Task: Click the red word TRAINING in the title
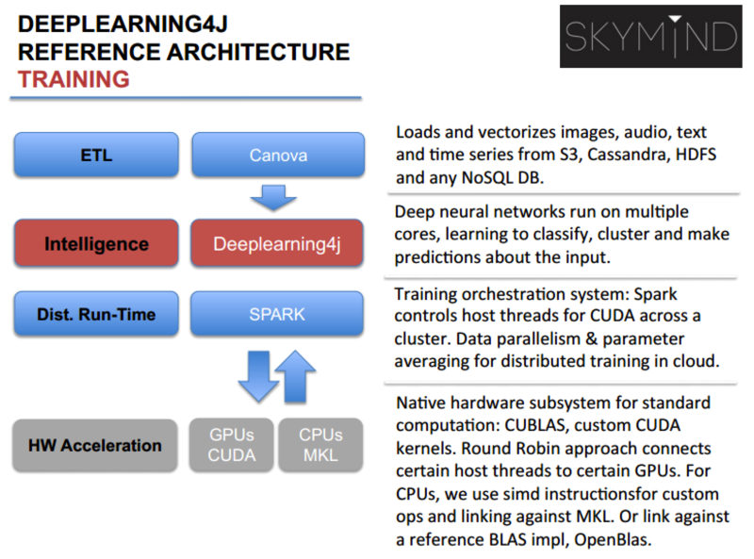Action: point(74,79)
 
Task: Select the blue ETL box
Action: point(95,156)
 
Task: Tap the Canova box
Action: point(278,156)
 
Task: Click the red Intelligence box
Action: point(95,244)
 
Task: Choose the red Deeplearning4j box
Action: point(278,244)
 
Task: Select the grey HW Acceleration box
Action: point(95,445)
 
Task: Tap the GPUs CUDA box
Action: point(232,446)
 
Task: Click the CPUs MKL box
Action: point(321,446)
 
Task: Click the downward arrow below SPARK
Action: point(257,375)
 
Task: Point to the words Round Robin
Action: point(531,448)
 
